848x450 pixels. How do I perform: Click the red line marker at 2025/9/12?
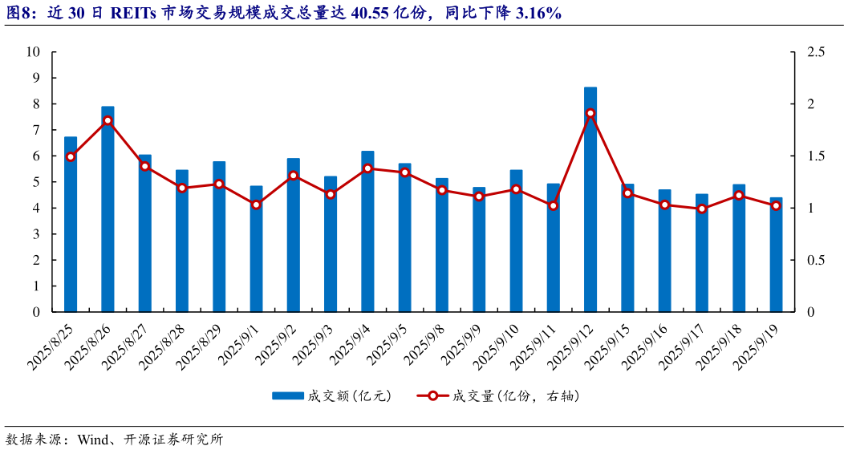[x=590, y=113]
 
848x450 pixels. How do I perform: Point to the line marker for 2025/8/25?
[x=71, y=156]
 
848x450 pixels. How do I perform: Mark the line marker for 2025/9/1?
[x=256, y=205]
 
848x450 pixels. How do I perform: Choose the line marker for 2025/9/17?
[x=702, y=209]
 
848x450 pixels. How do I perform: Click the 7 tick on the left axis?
[x=36, y=130]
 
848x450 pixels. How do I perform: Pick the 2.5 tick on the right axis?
[x=816, y=52]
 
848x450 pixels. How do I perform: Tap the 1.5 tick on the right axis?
[x=816, y=156]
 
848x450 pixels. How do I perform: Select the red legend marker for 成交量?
[x=432, y=396]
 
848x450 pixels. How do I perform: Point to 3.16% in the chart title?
[x=534, y=13]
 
